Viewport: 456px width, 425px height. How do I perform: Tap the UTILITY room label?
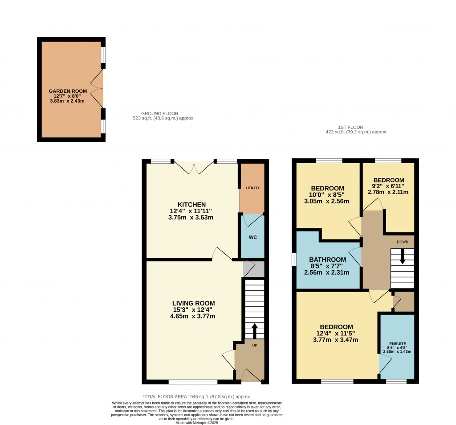pos(252,188)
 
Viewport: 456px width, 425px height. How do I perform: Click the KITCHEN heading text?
pos(191,204)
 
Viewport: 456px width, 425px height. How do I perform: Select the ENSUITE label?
pos(397,343)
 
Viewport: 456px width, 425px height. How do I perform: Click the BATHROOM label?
pos(328,260)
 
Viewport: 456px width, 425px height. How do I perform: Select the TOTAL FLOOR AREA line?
pos(196,396)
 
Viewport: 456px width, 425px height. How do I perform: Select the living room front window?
pos(193,382)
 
